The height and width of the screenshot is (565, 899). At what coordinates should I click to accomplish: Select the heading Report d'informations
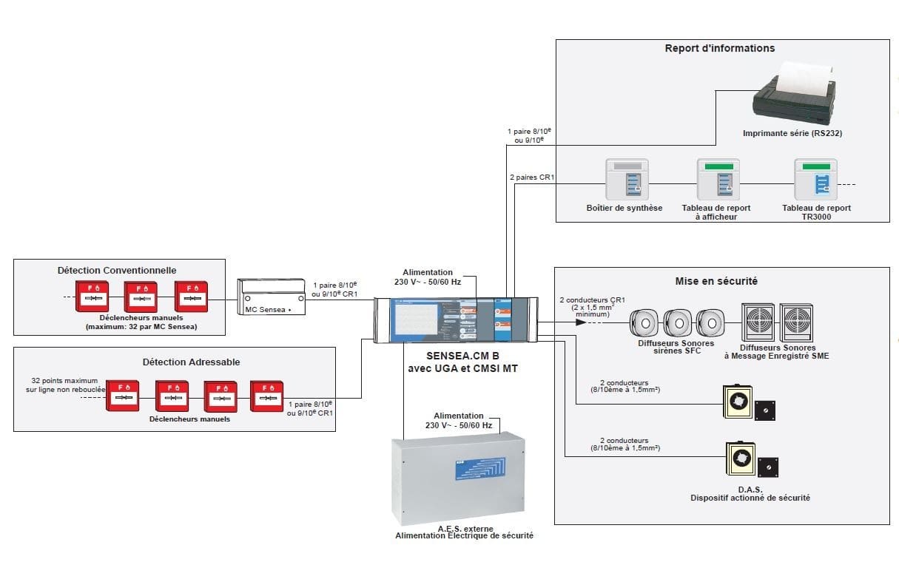719,48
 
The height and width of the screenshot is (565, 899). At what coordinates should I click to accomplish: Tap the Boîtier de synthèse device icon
624,180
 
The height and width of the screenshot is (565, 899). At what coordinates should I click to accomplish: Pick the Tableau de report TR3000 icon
815,180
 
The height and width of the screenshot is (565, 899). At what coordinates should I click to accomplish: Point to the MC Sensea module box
272,297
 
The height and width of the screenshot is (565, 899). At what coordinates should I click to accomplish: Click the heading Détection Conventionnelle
117,271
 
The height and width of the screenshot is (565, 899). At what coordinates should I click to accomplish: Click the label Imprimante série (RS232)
792,134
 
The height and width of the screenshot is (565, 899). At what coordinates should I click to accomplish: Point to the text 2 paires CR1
527,177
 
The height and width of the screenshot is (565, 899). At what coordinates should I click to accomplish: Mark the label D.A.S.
750,490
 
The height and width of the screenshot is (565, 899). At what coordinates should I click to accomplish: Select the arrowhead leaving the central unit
548,322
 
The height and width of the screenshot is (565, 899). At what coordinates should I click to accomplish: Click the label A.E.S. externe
459,528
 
